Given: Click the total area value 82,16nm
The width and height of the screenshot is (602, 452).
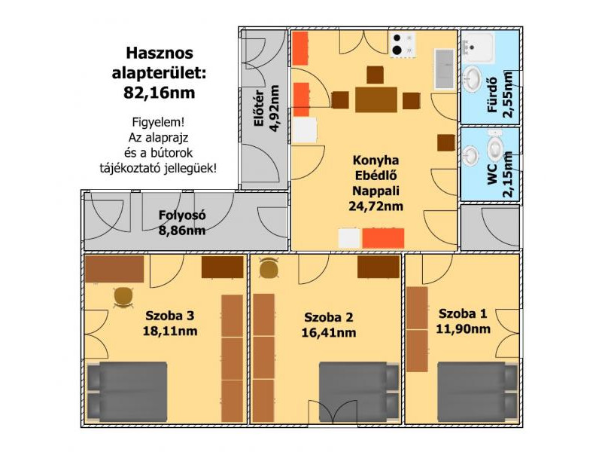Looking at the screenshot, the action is [x=159, y=93].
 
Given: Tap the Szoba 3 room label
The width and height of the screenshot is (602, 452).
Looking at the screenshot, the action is [x=170, y=316].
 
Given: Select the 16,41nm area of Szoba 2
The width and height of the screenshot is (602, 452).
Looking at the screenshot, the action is [x=329, y=332].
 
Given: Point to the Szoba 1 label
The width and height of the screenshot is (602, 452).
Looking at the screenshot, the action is [x=463, y=313].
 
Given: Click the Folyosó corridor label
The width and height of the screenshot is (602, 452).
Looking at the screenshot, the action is [x=182, y=215].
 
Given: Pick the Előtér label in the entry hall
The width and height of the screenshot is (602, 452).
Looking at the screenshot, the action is [x=259, y=108].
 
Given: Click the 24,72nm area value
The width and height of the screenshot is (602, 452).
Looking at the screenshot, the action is [x=375, y=206].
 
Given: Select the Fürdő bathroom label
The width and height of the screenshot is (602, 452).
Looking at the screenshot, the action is [x=492, y=95].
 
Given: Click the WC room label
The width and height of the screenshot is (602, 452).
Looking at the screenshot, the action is [x=492, y=175].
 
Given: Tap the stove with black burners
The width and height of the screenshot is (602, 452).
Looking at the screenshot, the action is [x=403, y=44].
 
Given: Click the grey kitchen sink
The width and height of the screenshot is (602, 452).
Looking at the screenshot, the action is [x=444, y=69].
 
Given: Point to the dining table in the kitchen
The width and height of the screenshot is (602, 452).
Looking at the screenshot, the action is [x=375, y=100].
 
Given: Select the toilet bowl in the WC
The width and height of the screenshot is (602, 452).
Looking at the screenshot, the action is [x=496, y=146].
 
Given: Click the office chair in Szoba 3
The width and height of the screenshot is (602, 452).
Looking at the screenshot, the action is [x=123, y=297].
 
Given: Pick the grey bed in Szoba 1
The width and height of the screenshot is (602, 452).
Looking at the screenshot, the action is [x=478, y=392].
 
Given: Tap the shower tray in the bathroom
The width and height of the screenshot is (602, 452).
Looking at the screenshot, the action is [x=478, y=47].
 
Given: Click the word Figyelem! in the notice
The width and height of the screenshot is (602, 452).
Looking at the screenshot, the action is [x=158, y=123].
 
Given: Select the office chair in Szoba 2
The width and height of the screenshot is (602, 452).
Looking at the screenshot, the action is [x=269, y=267].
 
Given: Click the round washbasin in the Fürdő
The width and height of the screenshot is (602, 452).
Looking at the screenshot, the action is [x=472, y=80].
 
